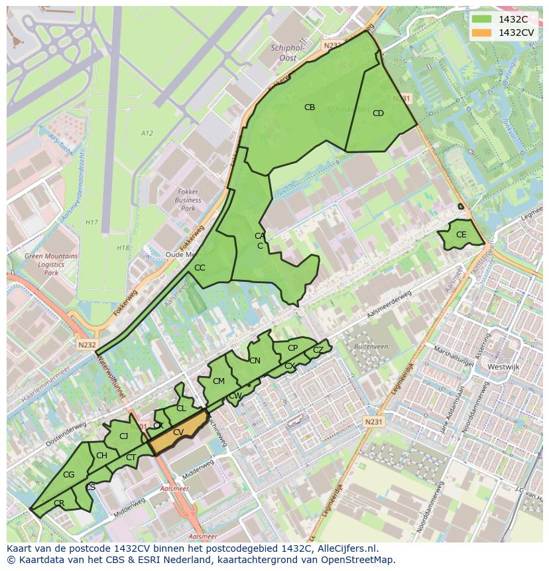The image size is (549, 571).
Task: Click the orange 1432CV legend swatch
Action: coord(481,32)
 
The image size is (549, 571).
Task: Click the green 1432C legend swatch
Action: coord(481,19)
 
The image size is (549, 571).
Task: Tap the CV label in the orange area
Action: coord(178,432)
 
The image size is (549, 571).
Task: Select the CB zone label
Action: coord(310,107)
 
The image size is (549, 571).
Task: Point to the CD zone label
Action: coord(378,113)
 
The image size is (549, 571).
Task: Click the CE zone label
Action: coord(461,235)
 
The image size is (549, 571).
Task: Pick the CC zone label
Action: coord(200,268)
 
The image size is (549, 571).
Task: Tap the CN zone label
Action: coord(255,361)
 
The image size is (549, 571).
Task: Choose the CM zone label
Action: coord(219,381)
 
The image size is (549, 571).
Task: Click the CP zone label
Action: coord(292,348)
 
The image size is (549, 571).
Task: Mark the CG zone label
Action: coord(69,475)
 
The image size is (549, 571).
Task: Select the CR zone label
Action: coord(59,503)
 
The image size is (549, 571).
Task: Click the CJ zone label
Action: coord(123,436)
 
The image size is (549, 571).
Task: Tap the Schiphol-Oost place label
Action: coord(288,52)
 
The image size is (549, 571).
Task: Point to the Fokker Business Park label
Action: coord(188,200)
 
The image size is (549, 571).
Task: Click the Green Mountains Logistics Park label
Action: coord(51,264)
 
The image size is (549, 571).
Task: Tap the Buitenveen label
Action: coord(371,346)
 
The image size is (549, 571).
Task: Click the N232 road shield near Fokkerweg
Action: coord(86,345)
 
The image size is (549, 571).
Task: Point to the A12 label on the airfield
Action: coord(147,133)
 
